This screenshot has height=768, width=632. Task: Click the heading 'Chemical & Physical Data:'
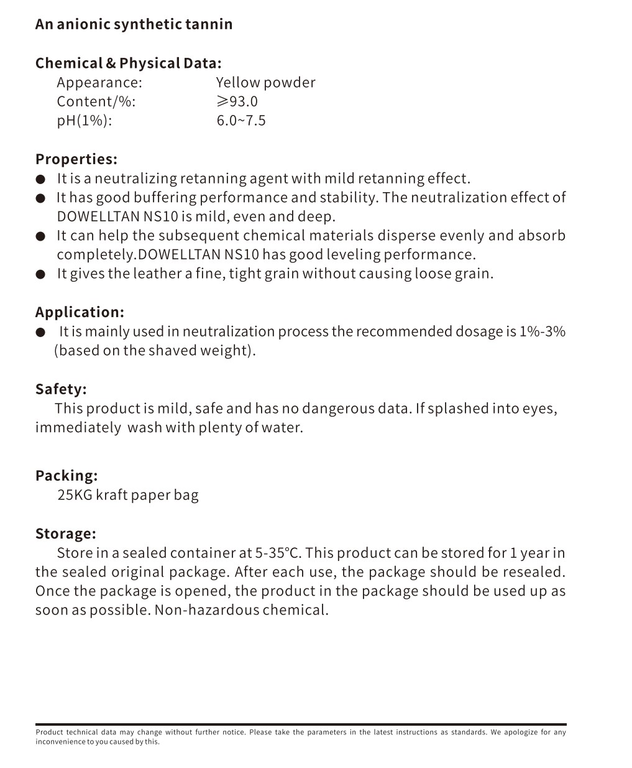click(128, 63)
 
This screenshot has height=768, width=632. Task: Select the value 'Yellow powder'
click(265, 83)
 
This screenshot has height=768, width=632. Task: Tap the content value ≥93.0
click(237, 101)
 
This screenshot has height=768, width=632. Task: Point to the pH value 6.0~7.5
click(241, 121)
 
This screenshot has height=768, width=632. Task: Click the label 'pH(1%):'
click(85, 121)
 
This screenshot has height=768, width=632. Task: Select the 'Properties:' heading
click(76, 159)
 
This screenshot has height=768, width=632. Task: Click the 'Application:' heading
click(80, 312)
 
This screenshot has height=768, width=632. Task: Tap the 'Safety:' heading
click(61, 389)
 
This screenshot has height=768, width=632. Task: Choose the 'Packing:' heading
click(66, 476)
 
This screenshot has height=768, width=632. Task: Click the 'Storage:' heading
click(66, 534)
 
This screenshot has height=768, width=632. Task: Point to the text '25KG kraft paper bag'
click(128, 495)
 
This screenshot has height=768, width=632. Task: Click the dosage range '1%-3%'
click(542, 331)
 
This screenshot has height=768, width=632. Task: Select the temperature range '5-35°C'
click(278, 553)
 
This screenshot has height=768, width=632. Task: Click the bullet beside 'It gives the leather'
click(40, 274)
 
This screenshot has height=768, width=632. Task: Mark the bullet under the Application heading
click(40, 332)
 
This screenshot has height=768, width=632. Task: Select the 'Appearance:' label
click(99, 83)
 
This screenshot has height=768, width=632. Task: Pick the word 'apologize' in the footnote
click(523, 732)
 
